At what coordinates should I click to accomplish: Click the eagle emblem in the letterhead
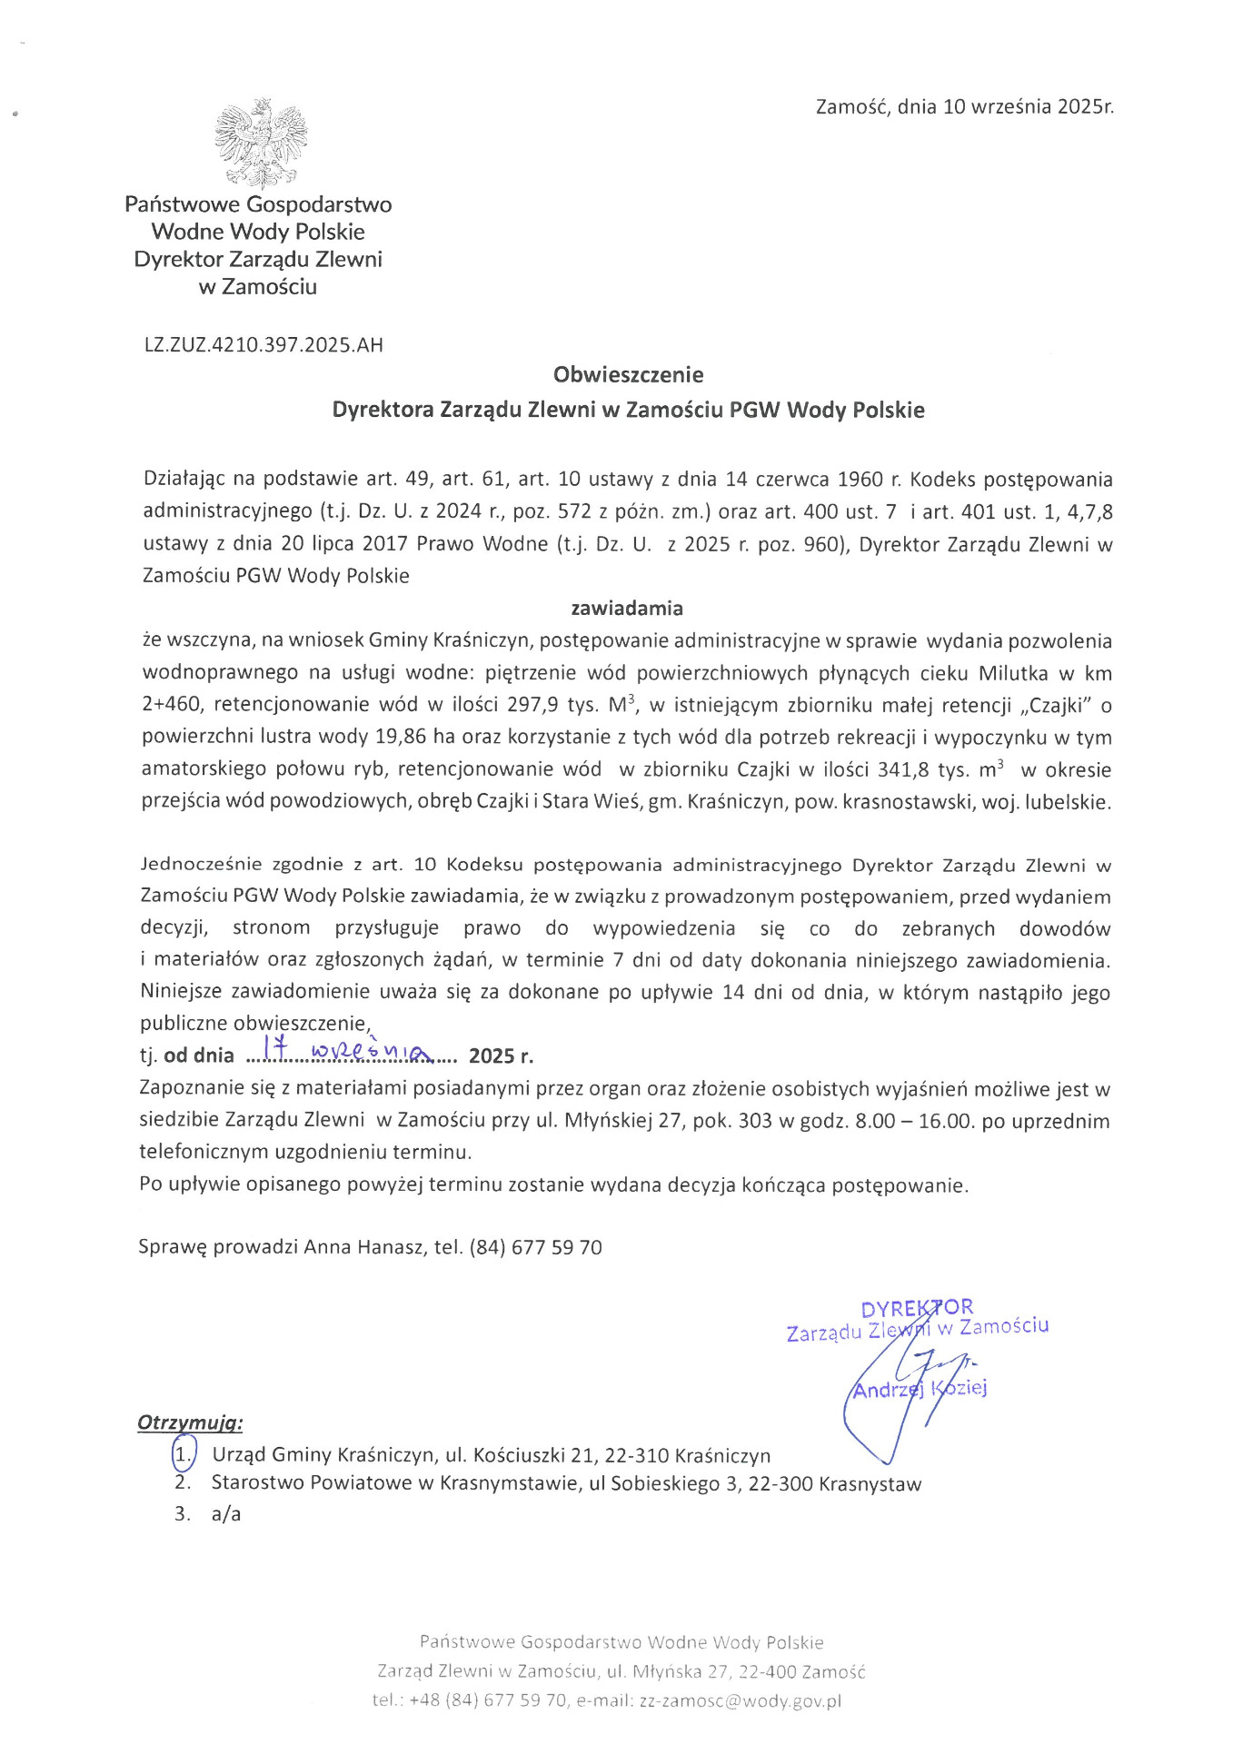point(261,144)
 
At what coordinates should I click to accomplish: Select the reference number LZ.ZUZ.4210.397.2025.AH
point(264,345)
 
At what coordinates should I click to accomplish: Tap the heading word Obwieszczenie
point(628,374)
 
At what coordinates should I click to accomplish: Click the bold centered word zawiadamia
point(627,608)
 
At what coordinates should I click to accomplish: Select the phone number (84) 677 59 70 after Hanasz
point(536,1247)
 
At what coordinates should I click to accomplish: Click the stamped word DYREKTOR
point(916,1308)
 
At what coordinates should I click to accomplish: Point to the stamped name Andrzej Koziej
point(919,1389)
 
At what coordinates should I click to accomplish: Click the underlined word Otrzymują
point(190,1422)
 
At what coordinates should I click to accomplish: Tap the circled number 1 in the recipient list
point(183,1455)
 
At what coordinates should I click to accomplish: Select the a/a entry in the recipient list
point(226,1514)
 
